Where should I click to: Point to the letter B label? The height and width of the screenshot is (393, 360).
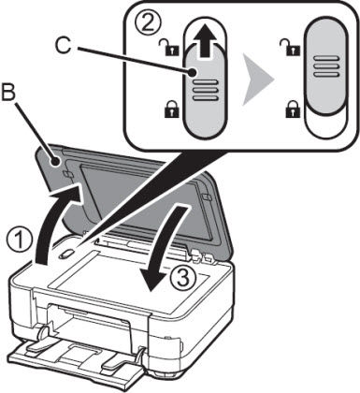click(x=10, y=93)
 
